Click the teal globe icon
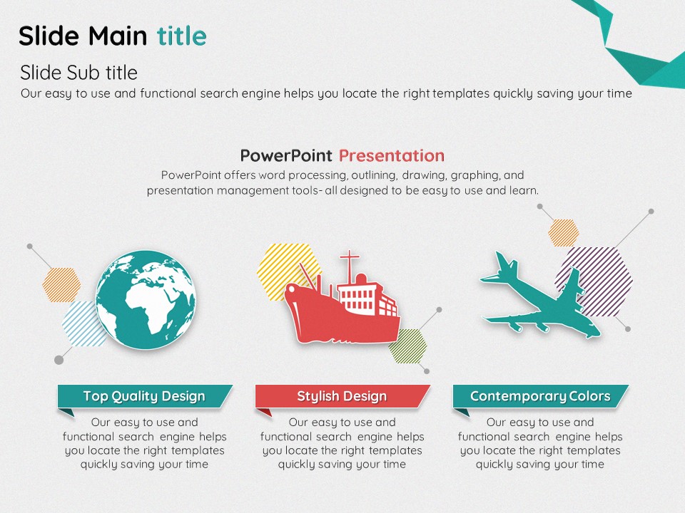pyautogui.click(x=146, y=300)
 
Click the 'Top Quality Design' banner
pyautogui.click(x=145, y=396)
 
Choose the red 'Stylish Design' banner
pyautogui.click(x=342, y=396)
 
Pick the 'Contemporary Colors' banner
pyautogui.click(x=540, y=396)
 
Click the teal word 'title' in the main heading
pyautogui.click(x=182, y=36)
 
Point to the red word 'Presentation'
pyautogui.click(x=392, y=156)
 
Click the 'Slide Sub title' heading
pyautogui.click(x=78, y=73)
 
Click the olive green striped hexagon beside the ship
pyautogui.click(x=408, y=346)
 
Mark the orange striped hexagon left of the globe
pyautogui.click(x=61, y=285)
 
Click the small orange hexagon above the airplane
pyautogui.click(x=564, y=233)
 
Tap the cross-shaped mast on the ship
pyautogui.click(x=350, y=265)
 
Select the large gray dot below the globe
pyautogui.click(x=59, y=360)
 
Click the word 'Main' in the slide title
pyautogui.click(x=118, y=36)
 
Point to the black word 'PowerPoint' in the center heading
pyautogui.click(x=286, y=156)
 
